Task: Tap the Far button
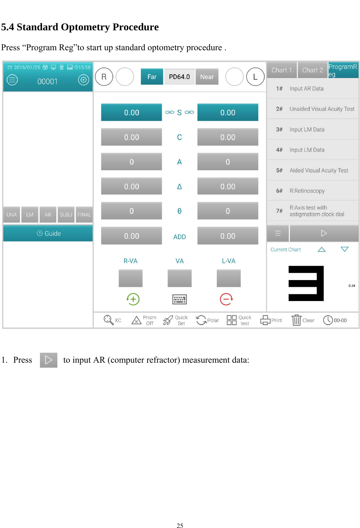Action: click(152, 77)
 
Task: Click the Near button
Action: click(207, 77)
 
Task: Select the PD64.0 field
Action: click(179, 77)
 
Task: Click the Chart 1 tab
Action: click(282, 70)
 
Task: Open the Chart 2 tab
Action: click(312, 70)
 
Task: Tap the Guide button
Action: click(48, 234)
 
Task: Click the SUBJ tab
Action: click(66, 215)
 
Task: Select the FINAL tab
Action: click(84, 215)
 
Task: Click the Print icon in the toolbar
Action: click(266, 320)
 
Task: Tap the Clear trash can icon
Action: click(297, 320)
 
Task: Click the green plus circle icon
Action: click(133, 299)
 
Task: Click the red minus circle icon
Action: click(226, 299)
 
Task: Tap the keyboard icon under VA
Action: click(180, 299)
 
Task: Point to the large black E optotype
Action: click(306, 284)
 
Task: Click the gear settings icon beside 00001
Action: click(84, 80)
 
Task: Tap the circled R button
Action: click(104, 77)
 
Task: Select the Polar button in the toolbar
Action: click(207, 320)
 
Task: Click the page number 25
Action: click(180, 525)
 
